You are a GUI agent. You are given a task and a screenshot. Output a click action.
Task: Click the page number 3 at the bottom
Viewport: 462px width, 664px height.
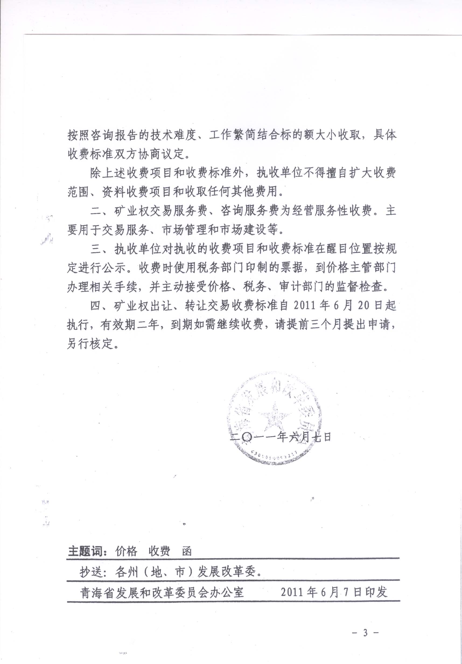click(365, 633)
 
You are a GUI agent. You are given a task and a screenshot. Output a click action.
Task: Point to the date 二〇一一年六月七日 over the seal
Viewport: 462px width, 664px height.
click(280, 437)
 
